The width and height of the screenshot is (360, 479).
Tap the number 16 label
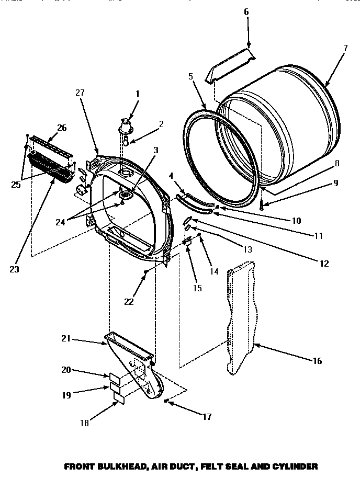pyautogui.click(x=317, y=361)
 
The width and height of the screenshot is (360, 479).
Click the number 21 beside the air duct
pyautogui.click(x=66, y=339)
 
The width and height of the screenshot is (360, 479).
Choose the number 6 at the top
pyautogui.click(x=246, y=12)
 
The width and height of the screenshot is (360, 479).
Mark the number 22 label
pyautogui.click(x=129, y=302)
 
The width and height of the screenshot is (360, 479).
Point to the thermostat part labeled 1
pyautogui.click(x=126, y=124)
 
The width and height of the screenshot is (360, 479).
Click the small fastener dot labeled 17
pyautogui.click(x=166, y=401)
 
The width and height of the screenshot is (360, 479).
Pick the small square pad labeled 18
pyautogui.click(x=118, y=399)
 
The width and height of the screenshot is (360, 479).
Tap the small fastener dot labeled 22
pyautogui.click(x=146, y=271)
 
